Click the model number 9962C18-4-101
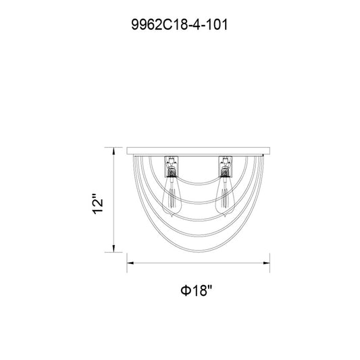pos(179,24)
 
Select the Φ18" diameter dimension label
pos(196,290)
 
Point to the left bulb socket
pos(172,167)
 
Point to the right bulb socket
pos(226,167)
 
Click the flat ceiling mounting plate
pos(199,151)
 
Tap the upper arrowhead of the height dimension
pos(113,151)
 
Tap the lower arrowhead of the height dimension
pos(113,249)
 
